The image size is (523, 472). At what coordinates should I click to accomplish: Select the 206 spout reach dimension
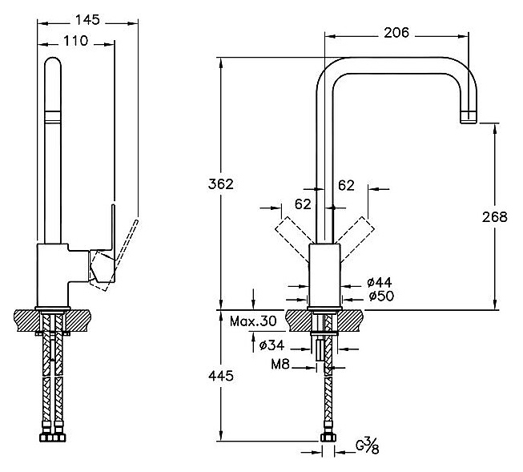click(x=396, y=33)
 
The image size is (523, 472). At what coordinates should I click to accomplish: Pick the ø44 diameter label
click(x=379, y=283)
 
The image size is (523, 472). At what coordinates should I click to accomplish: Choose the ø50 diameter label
click(x=379, y=297)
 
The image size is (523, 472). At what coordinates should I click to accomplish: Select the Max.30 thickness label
click(x=253, y=322)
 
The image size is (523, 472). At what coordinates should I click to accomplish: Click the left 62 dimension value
click(x=303, y=204)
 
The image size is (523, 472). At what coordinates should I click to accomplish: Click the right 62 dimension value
click(x=346, y=186)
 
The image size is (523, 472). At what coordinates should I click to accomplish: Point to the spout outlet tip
click(x=468, y=118)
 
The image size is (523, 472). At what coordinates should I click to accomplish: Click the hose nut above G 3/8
click(x=326, y=438)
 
